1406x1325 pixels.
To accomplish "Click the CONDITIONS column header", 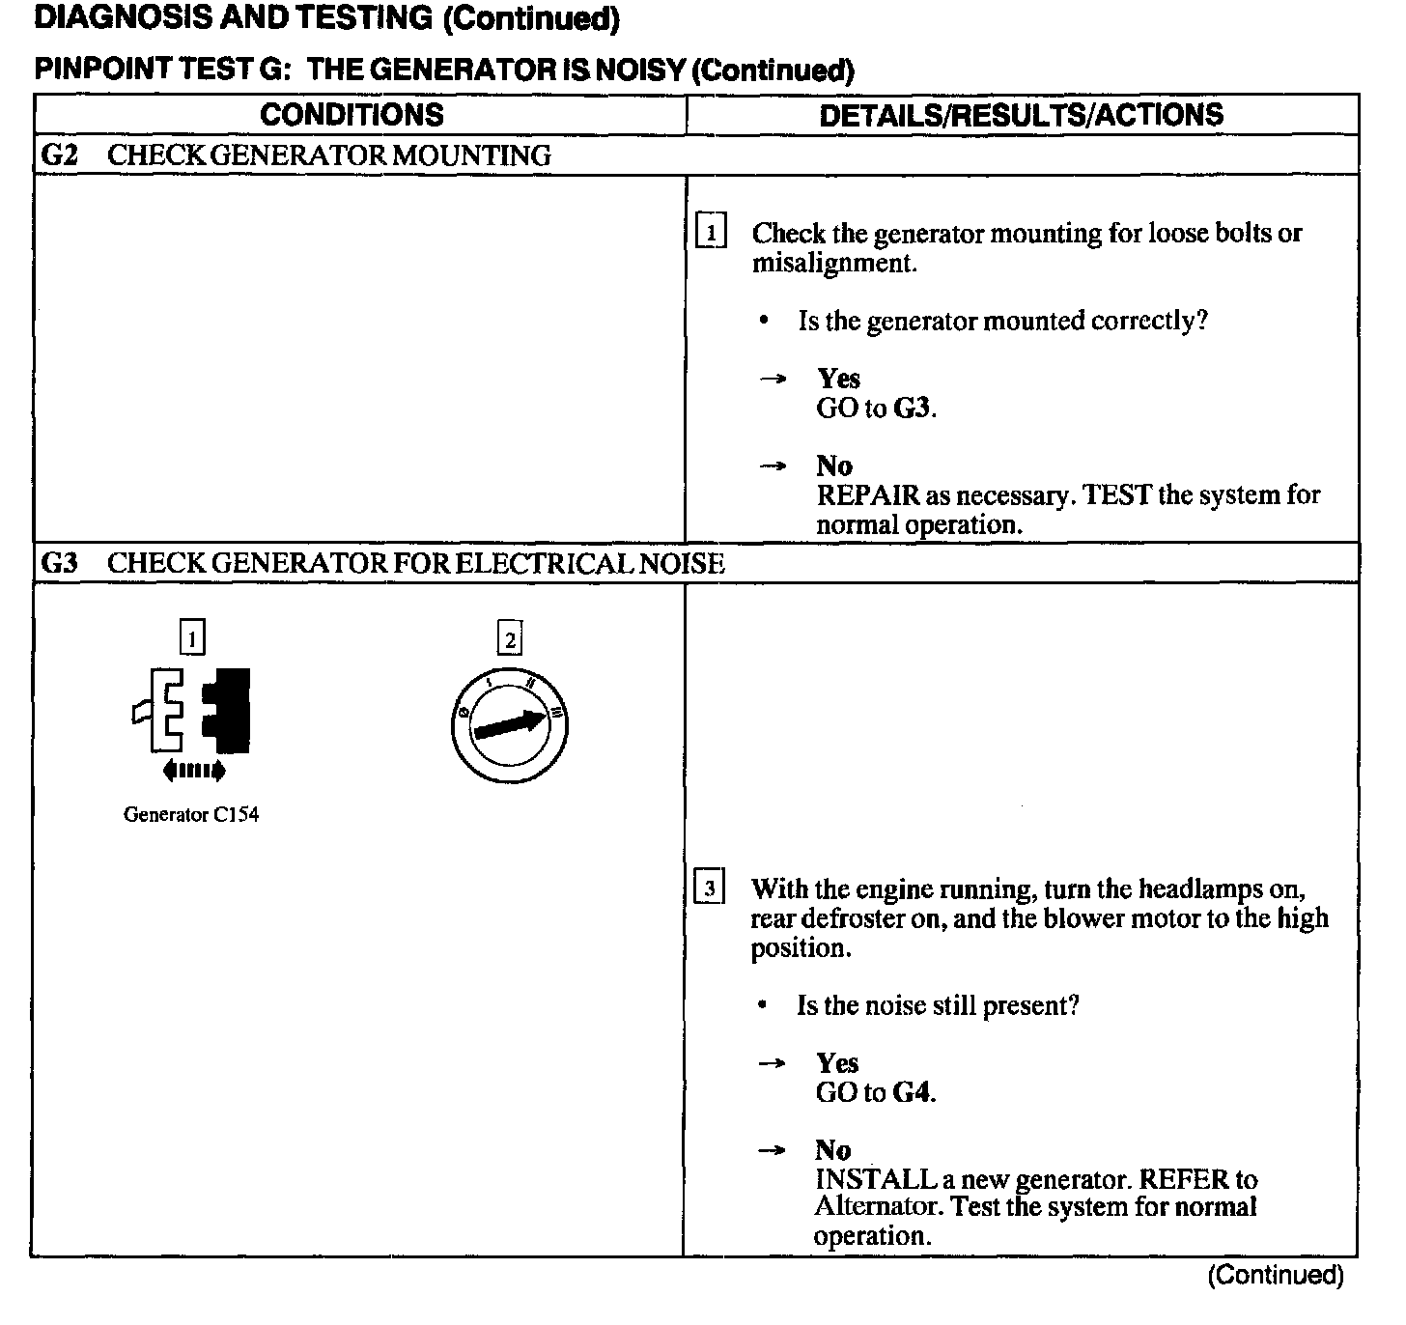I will pos(351,115).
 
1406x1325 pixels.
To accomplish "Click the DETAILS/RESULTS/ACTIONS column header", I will pos(1021,115).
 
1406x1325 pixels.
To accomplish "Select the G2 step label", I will pos(59,155).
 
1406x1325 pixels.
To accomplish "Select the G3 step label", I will pos(59,563).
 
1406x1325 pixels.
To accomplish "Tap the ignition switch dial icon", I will pos(509,724).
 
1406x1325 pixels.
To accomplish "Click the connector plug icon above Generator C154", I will pos(191,710).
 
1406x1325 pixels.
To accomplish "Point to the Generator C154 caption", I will pos(191,814).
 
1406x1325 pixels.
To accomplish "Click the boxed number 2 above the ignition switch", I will pos(509,639).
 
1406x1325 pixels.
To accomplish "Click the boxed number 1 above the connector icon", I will pos(193,637).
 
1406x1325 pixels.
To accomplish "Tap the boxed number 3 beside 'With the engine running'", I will pos(710,888).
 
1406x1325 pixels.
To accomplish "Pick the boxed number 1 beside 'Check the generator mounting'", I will pos(711,233).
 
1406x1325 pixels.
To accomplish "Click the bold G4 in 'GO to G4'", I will pos(913,1092).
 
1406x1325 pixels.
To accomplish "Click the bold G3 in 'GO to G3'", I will pos(913,409).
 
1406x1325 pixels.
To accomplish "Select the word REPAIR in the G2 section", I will pos(868,495).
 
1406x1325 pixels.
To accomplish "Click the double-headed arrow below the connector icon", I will pos(194,770).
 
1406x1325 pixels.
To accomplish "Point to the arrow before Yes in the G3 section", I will pos(772,1063).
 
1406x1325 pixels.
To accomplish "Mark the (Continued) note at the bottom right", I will pos(1275,1275).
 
